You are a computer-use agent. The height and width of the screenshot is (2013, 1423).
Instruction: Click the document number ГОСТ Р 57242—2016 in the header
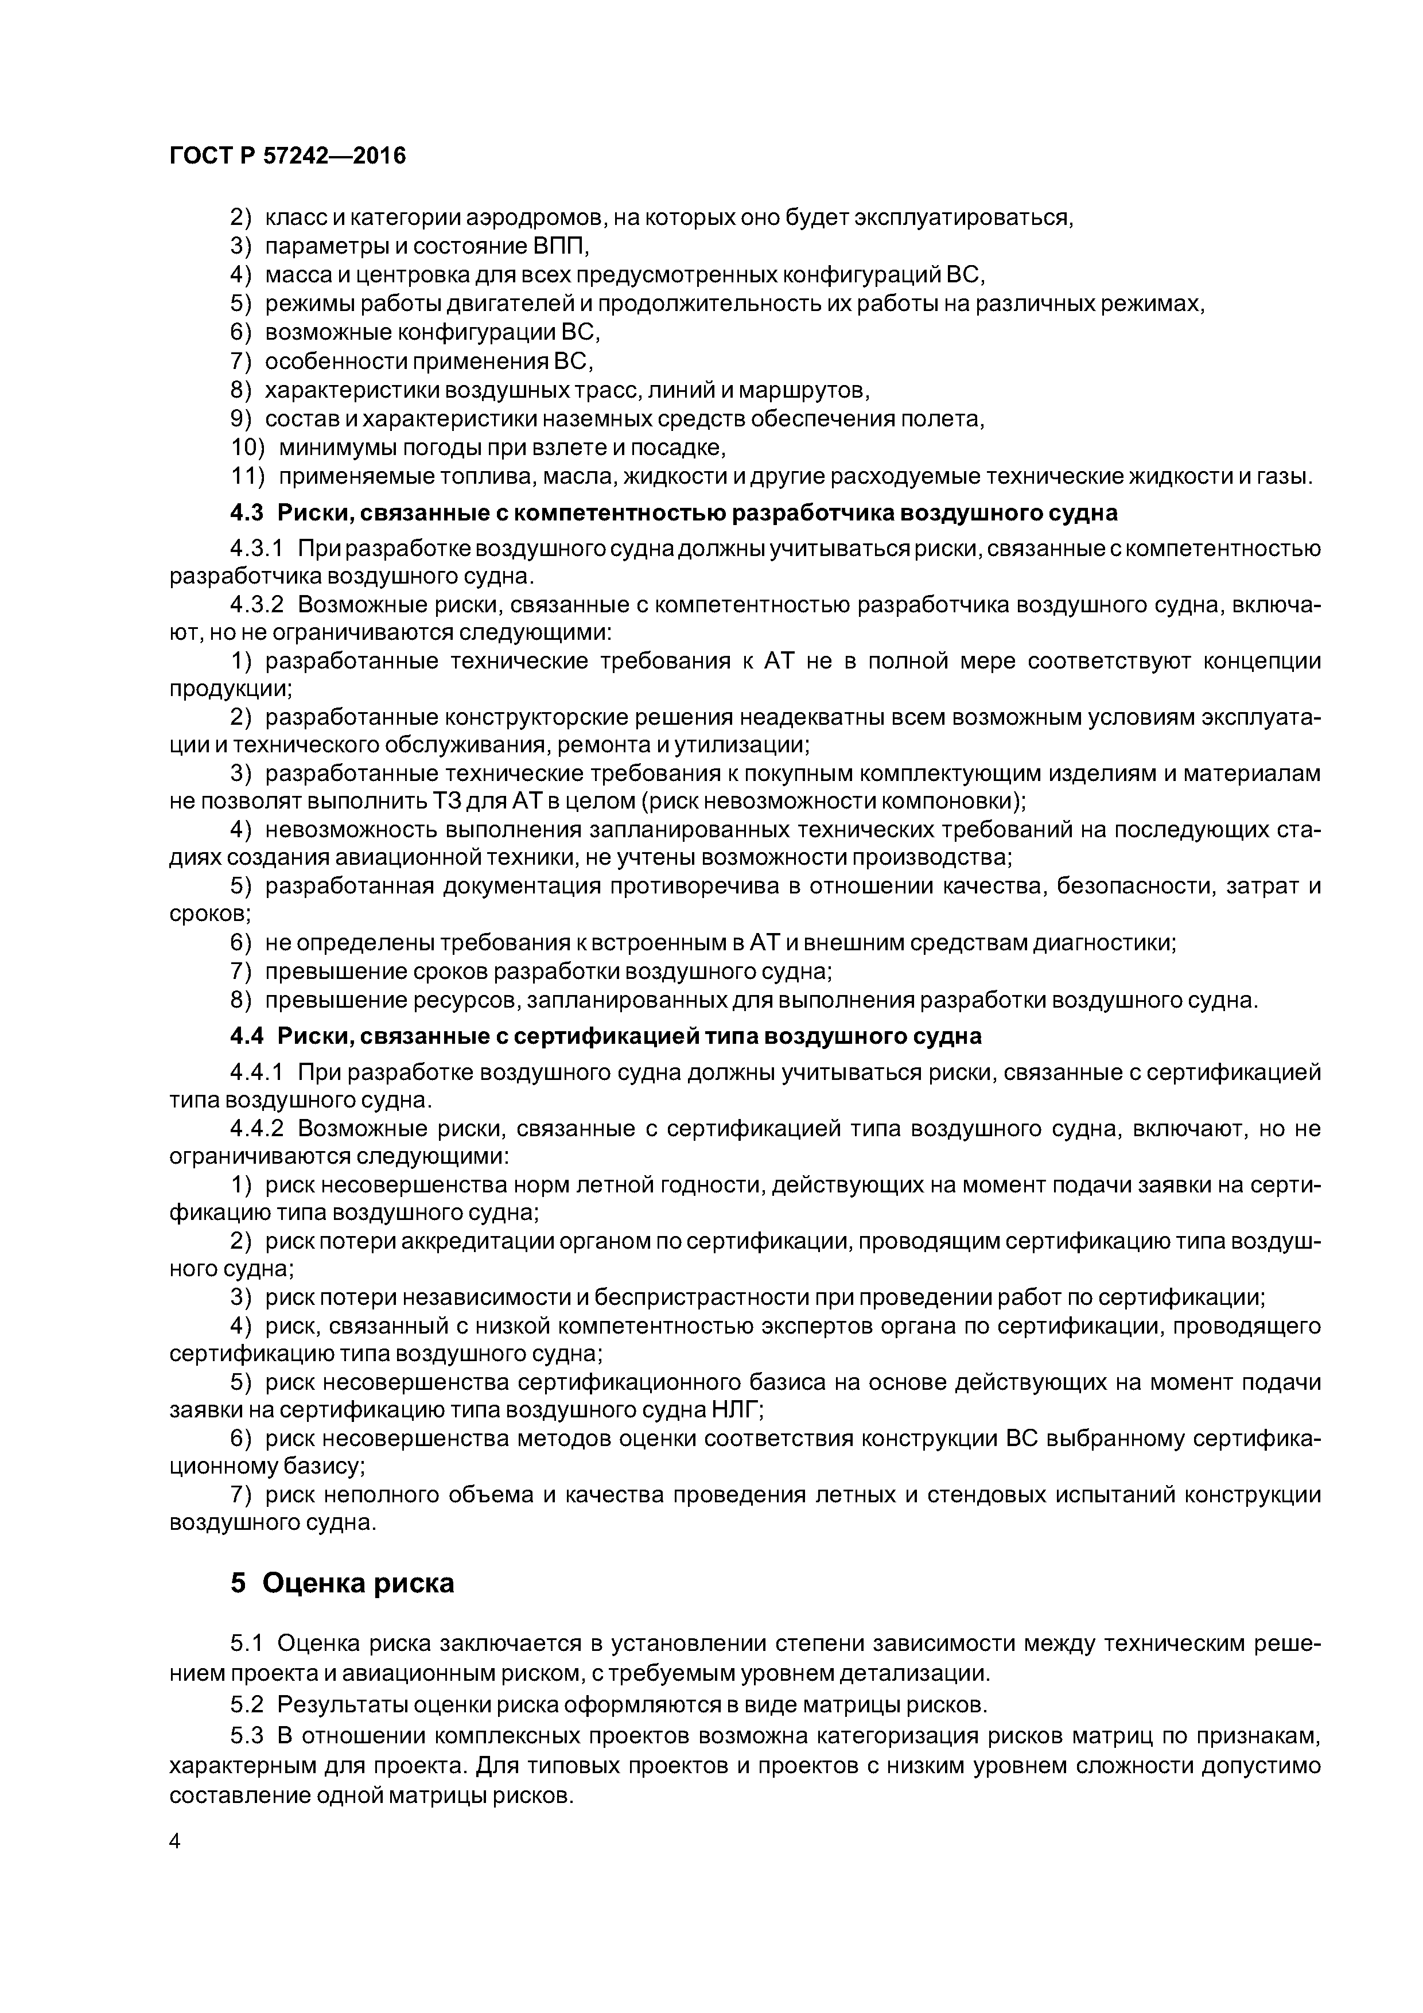(287, 156)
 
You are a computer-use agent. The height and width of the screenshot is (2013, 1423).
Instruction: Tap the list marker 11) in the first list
(247, 477)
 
